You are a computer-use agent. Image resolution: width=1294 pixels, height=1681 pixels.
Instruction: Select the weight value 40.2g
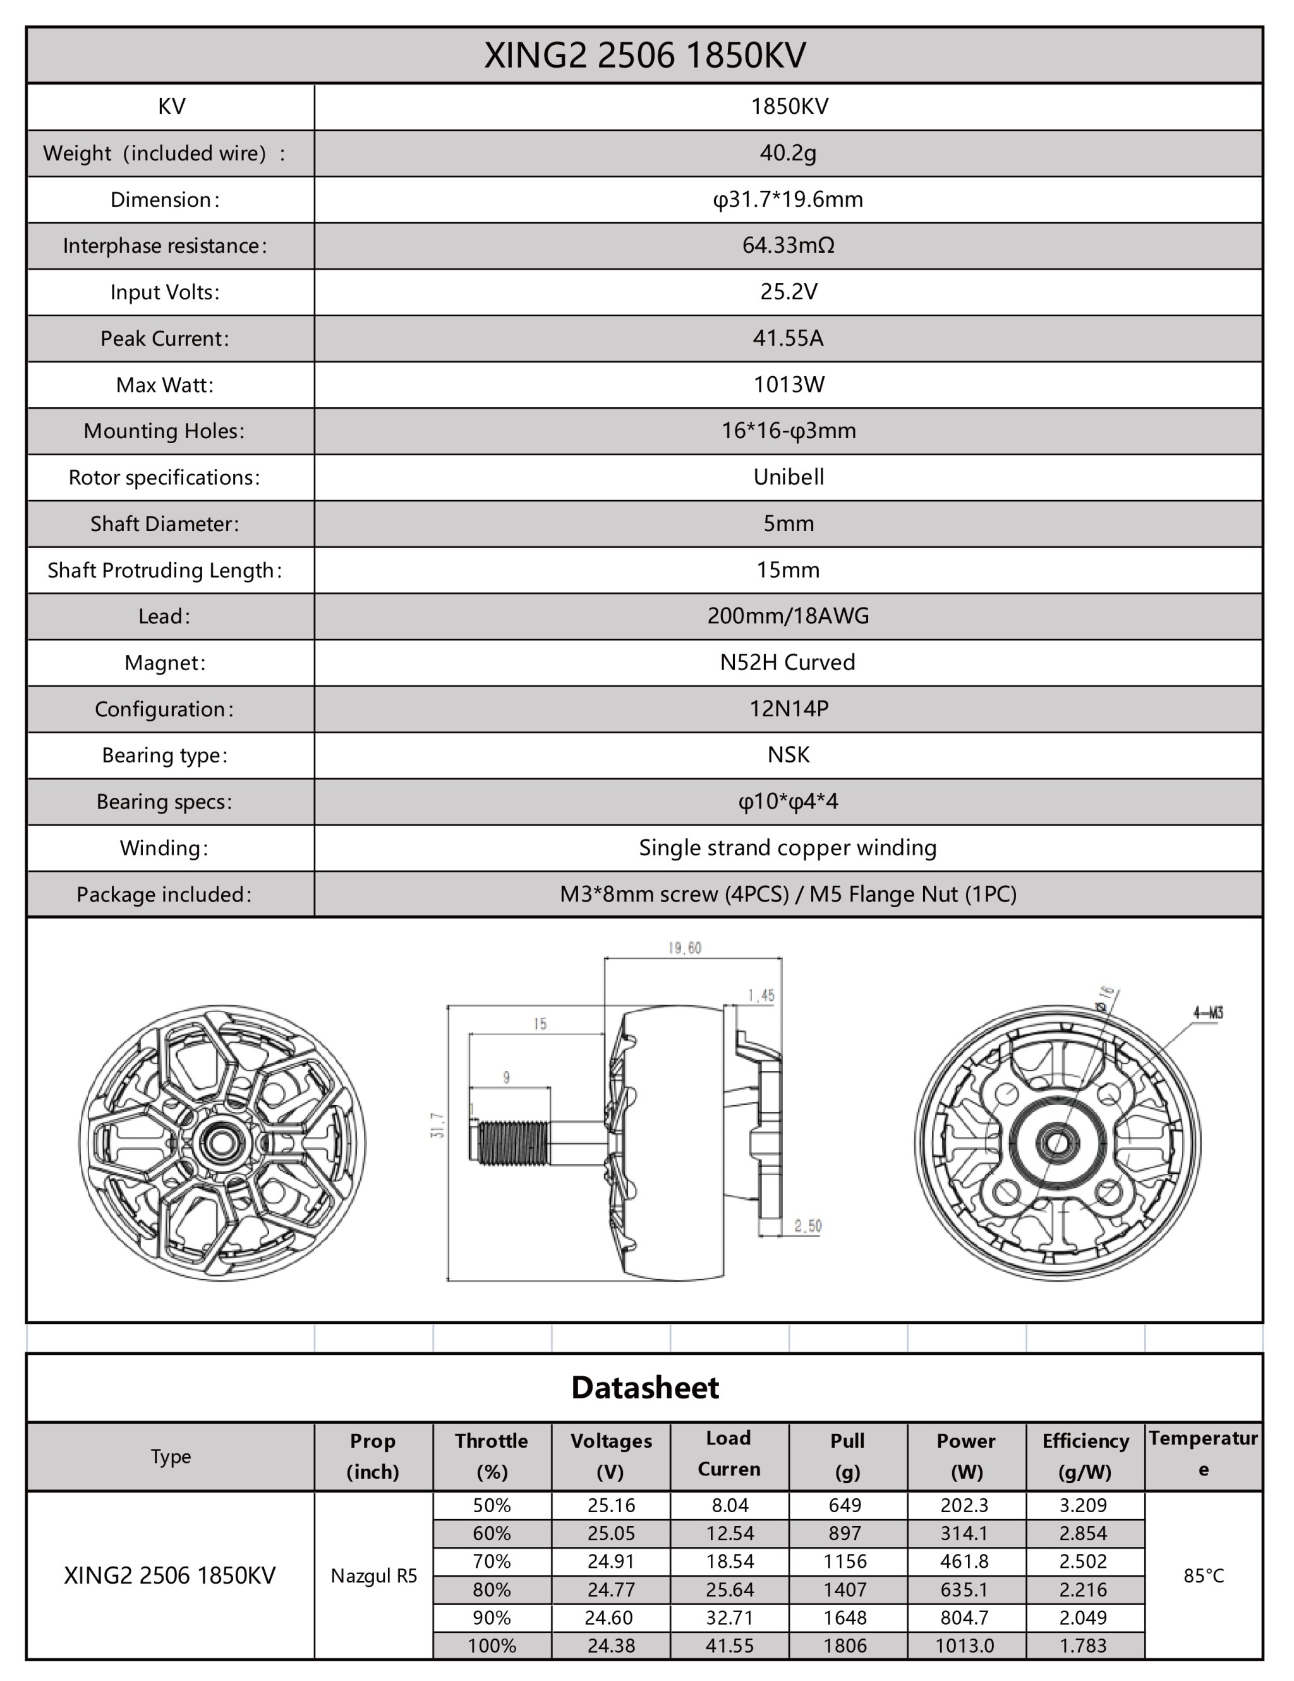tap(788, 153)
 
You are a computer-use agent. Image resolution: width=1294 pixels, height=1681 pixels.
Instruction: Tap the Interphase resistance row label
tap(165, 245)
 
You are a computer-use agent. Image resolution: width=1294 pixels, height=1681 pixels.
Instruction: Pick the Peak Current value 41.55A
tap(788, 338)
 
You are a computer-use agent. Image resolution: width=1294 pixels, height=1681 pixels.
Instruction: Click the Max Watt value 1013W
tap(788, 384)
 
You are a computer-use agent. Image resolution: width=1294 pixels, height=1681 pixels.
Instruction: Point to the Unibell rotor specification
tap(788, 477)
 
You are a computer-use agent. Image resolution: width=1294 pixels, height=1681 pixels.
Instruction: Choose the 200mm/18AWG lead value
tap(788, 616)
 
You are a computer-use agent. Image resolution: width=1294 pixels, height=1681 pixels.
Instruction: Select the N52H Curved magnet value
tap(787, 662)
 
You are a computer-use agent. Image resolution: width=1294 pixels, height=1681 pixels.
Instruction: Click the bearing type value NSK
tap(788, 754)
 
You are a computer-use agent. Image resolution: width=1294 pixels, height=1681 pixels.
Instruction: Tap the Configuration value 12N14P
tap(788, 708)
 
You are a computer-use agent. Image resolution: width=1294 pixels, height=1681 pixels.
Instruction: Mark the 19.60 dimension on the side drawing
tap(684, 948)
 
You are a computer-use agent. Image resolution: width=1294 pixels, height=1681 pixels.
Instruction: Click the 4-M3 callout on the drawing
tap(1208, 1013)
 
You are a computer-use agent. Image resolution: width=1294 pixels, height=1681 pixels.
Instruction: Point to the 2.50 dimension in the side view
tap(807, 1225)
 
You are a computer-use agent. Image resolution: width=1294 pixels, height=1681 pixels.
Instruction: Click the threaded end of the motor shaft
tap(512, 1142)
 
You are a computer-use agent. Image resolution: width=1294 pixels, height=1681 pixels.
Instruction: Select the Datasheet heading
tap(644, 1387)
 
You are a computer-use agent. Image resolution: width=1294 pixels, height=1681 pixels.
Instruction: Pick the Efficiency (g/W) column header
tap(1085, 1455)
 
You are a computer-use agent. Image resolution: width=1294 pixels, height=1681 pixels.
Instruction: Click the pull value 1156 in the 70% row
tap(845, 1561)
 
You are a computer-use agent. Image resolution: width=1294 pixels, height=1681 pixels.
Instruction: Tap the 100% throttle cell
tap(492, 1646)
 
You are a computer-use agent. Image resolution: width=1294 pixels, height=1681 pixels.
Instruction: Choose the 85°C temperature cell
tap(1203, 1575)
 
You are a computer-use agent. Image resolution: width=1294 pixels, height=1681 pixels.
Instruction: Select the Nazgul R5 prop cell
tap(374, 1575)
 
